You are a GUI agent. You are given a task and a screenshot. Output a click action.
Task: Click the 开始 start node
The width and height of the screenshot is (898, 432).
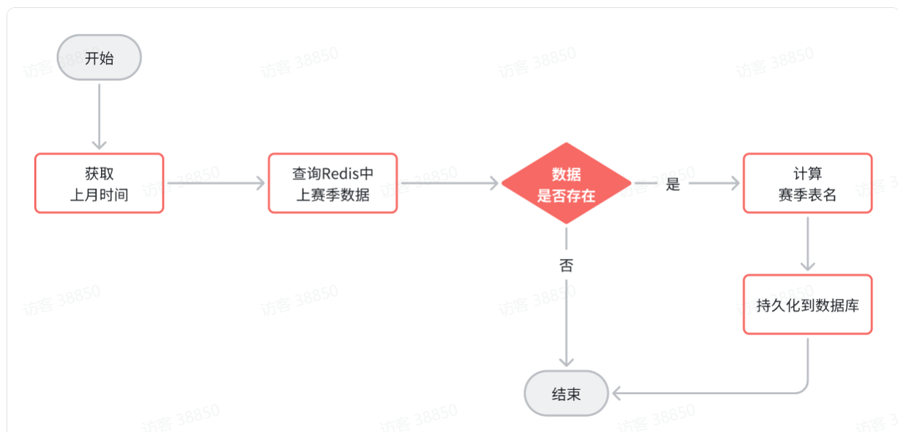99,57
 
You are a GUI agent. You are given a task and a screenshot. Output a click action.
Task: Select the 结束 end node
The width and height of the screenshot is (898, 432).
566,394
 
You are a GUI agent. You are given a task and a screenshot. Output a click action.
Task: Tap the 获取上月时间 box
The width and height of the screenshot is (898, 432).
99,183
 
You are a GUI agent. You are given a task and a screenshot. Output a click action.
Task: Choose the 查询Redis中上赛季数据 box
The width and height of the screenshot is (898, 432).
332,183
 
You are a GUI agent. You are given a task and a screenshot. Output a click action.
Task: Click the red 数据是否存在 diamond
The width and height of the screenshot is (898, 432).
566,183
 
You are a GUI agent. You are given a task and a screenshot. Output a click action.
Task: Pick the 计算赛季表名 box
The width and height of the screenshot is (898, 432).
807,183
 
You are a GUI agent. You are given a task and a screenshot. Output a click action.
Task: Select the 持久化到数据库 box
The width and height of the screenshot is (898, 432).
807,305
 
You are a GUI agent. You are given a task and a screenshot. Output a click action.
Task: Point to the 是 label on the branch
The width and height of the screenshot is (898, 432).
673,184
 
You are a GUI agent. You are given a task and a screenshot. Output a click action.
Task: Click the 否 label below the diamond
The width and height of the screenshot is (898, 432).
566,265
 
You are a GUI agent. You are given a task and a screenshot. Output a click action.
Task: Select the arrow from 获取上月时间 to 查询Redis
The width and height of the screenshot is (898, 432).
216,183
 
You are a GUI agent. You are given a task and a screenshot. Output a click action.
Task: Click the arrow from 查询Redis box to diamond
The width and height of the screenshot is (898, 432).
449,183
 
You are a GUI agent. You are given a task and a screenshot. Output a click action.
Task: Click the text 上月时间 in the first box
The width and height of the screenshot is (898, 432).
99,194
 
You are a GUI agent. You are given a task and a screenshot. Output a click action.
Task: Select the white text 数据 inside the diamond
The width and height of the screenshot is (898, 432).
566,175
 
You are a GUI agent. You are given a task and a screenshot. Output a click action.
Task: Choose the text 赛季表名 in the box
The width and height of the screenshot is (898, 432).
807,194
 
